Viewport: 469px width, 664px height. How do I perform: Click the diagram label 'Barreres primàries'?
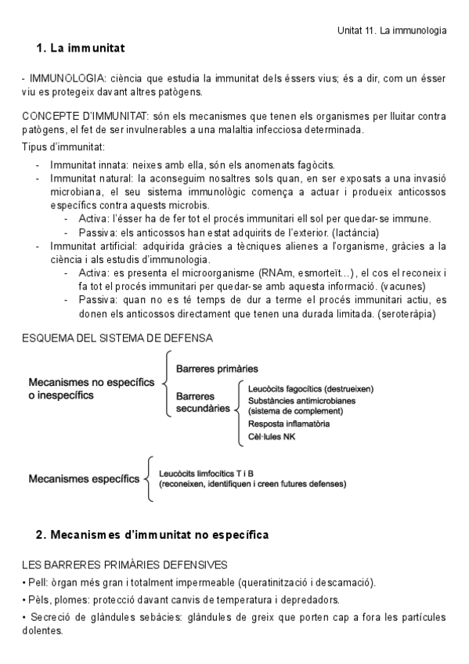click(x=217, y=368)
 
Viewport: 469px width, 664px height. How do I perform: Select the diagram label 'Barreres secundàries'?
click(x=201, y=402)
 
